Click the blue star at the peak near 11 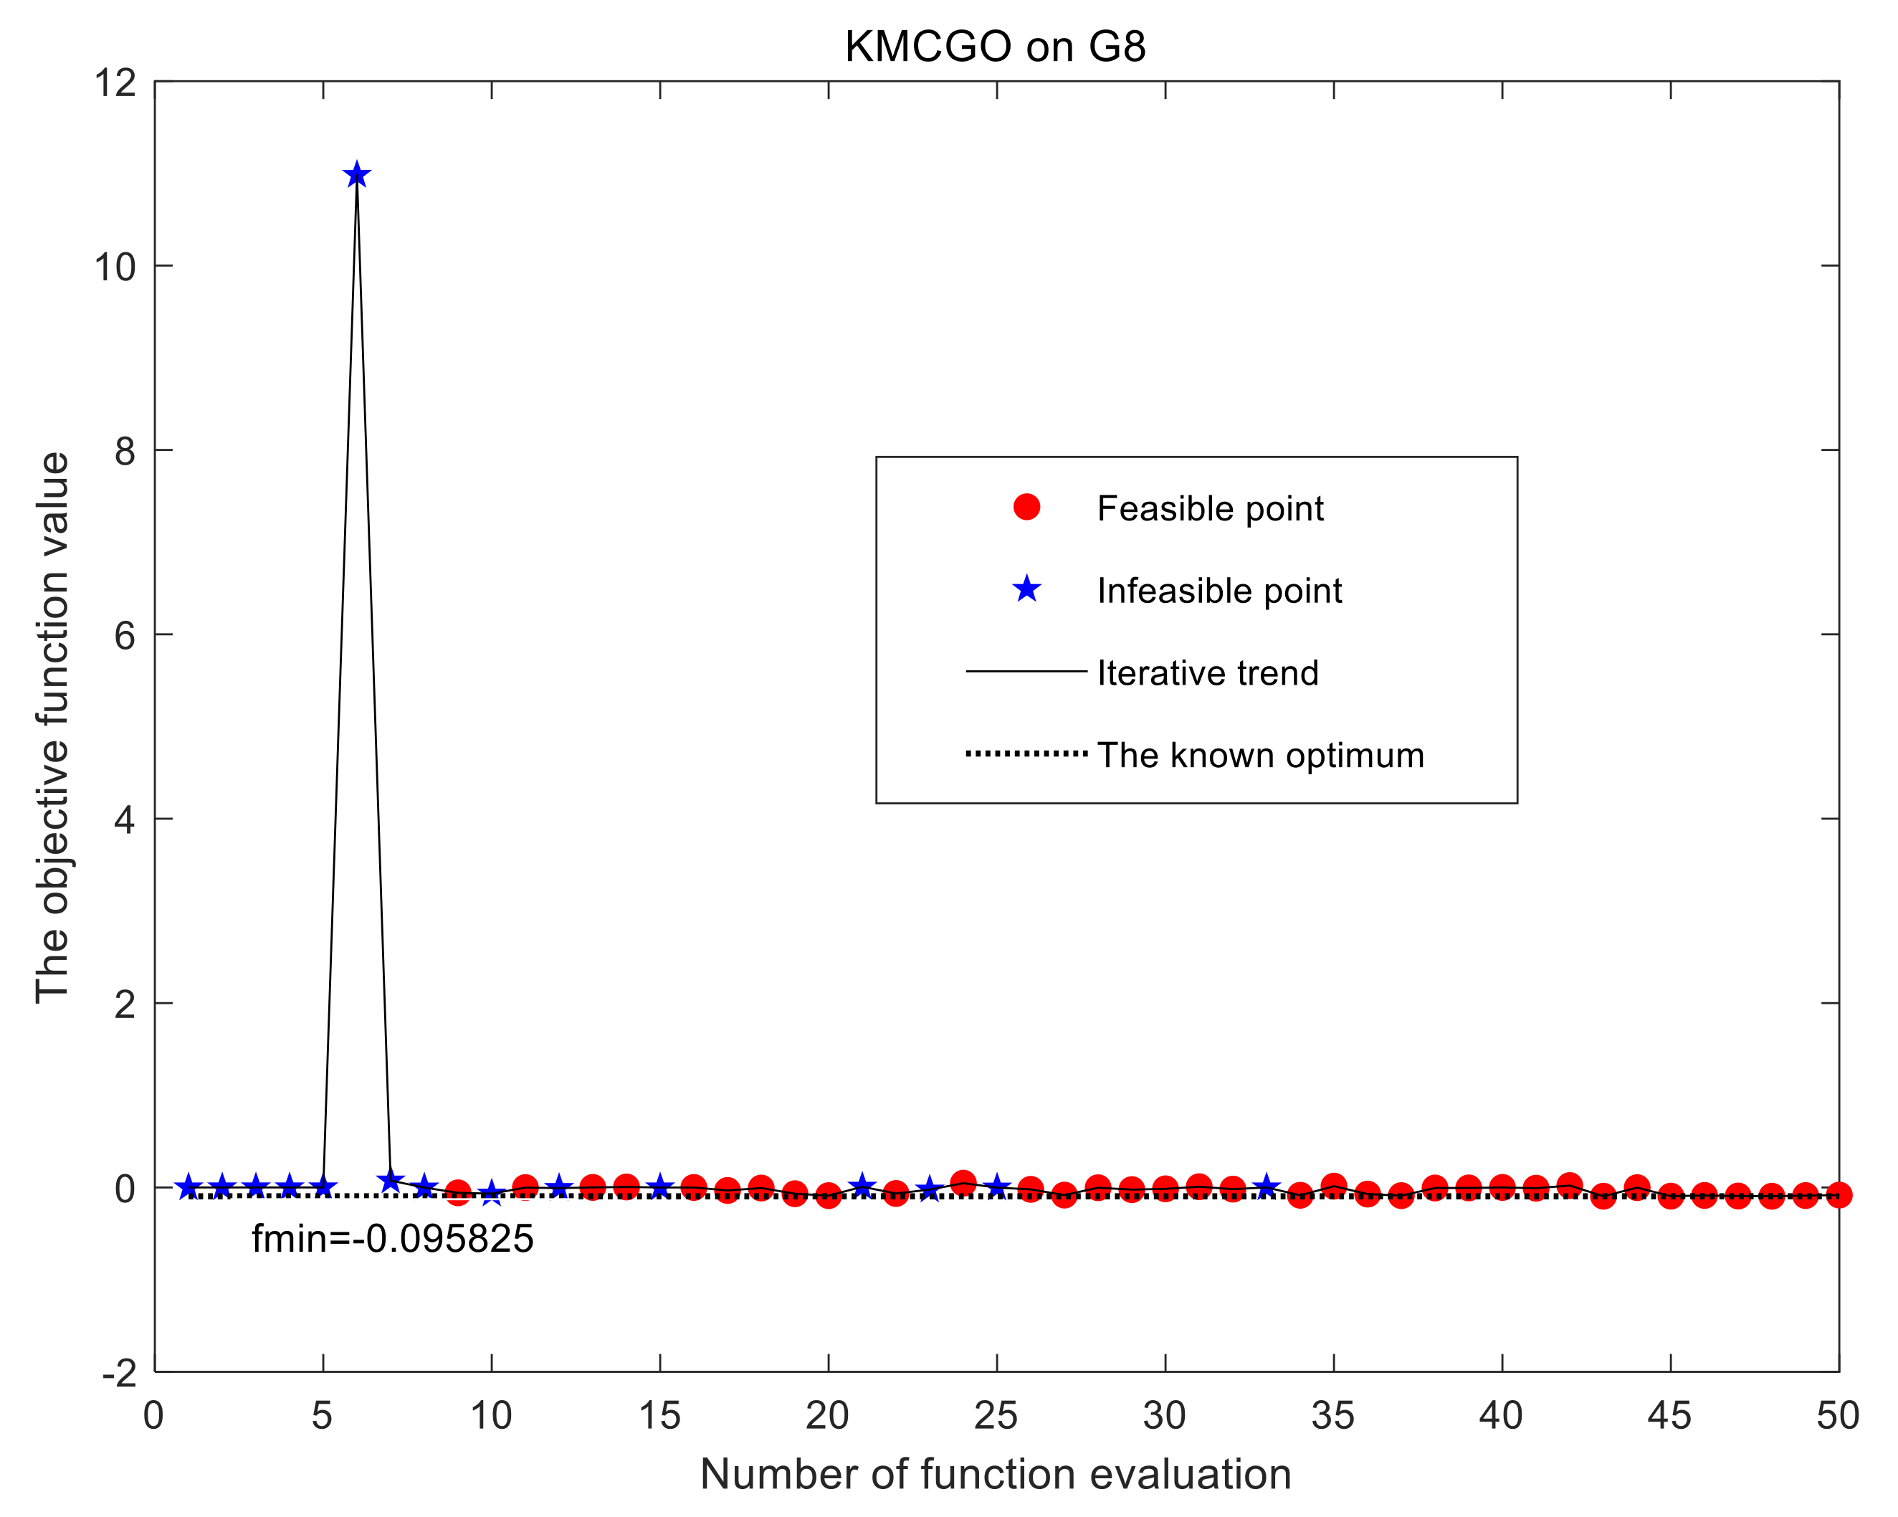coord(356,175)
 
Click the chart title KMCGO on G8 coord(995,47)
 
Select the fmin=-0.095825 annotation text coord(393,1240)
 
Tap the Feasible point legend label coord(1210,509)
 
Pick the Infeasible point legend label coord(1219,591)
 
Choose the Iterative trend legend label coord(1208,673)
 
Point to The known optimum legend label coord(1261,756)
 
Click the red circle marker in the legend coord(1026,507)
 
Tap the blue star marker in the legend coord(1026,589)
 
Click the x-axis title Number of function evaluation coord(995,1473)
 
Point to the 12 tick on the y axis coord(116,84)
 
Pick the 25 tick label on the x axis coord(996,1417)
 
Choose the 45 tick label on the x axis coord(1669,1417)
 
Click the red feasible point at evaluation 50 coord(1838,1195)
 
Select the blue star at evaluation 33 coord(1266,1187)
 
